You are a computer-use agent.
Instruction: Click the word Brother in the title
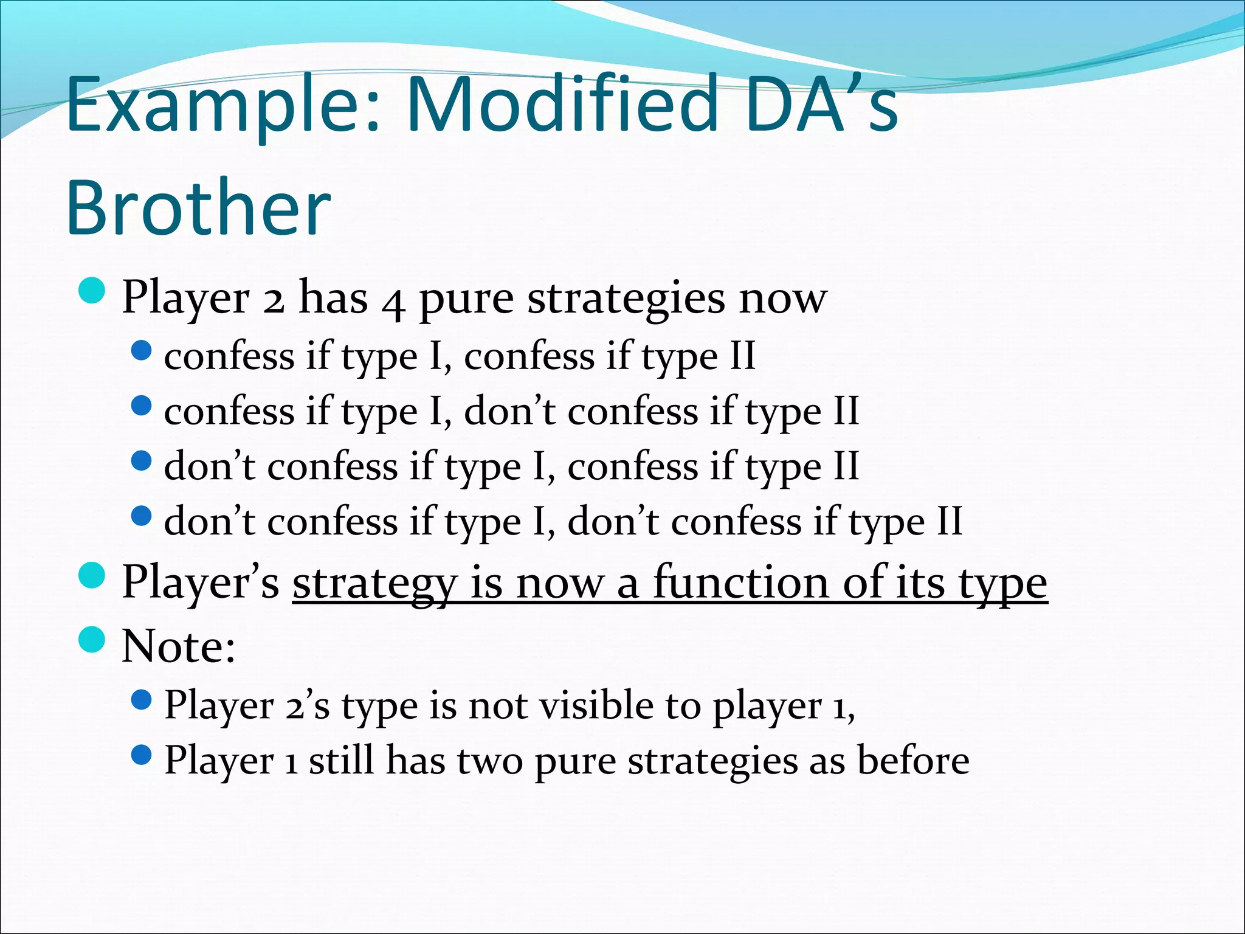[x=198, y=208]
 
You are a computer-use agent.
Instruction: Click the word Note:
[x=178, y=646]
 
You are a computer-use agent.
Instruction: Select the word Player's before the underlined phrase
[x=201, y=583]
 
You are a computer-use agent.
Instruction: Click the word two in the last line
[x=489, y=761]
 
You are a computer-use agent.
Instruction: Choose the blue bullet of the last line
[x=141, y=756]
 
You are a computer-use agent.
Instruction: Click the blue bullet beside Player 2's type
[x=141, y=700]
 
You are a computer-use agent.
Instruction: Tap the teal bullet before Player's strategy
[x=92, y=575]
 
